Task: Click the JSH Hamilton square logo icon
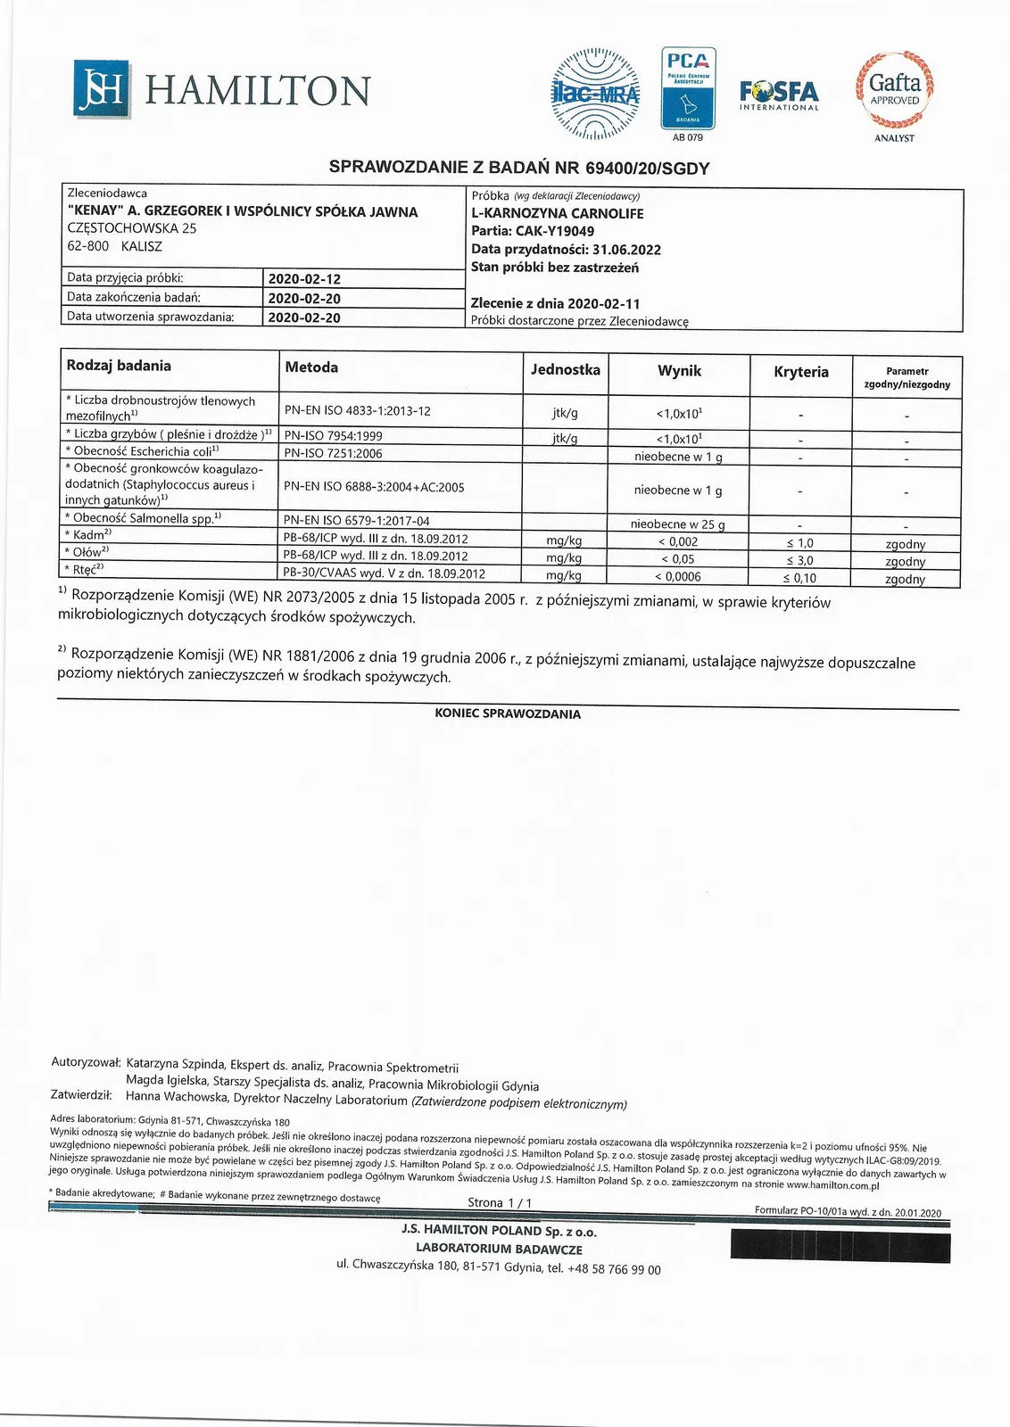coord(101,88)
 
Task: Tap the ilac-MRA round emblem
coord(596,93)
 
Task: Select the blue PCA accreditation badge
coord(687,88)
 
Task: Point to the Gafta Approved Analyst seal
coord(894,89)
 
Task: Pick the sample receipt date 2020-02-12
coord(304,278)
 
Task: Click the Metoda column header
coord(311,367)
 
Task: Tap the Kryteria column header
coord(800,372)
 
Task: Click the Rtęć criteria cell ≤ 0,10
coord(799,578)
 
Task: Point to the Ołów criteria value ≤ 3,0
coord(799,560)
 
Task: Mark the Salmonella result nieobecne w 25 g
coord(678,524)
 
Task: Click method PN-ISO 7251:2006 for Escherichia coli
coord(333,453)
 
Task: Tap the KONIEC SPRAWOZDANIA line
coord(508,714)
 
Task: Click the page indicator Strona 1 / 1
coord(500,1202)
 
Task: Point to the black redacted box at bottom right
coord(835,1244)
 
